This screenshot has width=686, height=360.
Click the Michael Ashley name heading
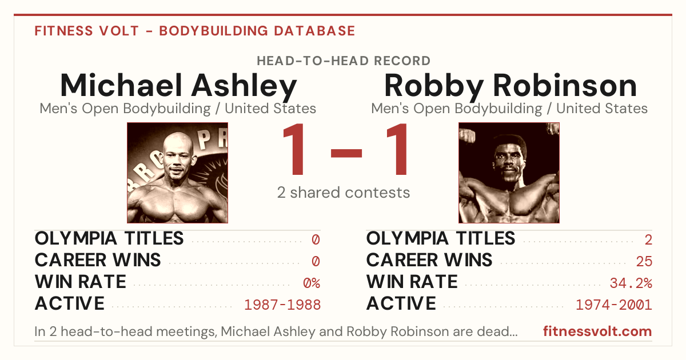tap(178, 86)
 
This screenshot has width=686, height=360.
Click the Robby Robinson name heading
tap(510, 86)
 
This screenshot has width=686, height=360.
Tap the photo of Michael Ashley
tap(177, 173)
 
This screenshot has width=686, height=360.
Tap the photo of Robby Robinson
tap(509, 173)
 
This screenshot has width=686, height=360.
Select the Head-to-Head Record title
tap(344, 61)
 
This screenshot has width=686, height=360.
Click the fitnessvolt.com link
tap(597, 331)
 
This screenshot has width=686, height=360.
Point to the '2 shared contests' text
tap(344, 193)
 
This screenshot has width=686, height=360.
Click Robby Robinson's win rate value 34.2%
tap(631, 283)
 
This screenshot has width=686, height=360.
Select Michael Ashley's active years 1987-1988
tap(282, 305)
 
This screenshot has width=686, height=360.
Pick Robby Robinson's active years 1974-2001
tap(614, 305)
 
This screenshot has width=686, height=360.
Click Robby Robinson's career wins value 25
tap(644, 261)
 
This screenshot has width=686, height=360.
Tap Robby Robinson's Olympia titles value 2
tap(648, 239)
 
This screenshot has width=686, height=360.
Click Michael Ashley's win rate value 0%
tap(312, 283)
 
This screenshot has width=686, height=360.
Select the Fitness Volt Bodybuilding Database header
tap(195, 31)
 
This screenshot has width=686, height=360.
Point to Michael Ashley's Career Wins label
tap(98, 260)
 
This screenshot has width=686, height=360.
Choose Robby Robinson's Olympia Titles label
tap(441, 238)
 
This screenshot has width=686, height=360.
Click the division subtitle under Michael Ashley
tap(178, 109)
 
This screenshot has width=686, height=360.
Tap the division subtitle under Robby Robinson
tap(509, 109)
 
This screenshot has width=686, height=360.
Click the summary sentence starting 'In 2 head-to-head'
tap(276, 331)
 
